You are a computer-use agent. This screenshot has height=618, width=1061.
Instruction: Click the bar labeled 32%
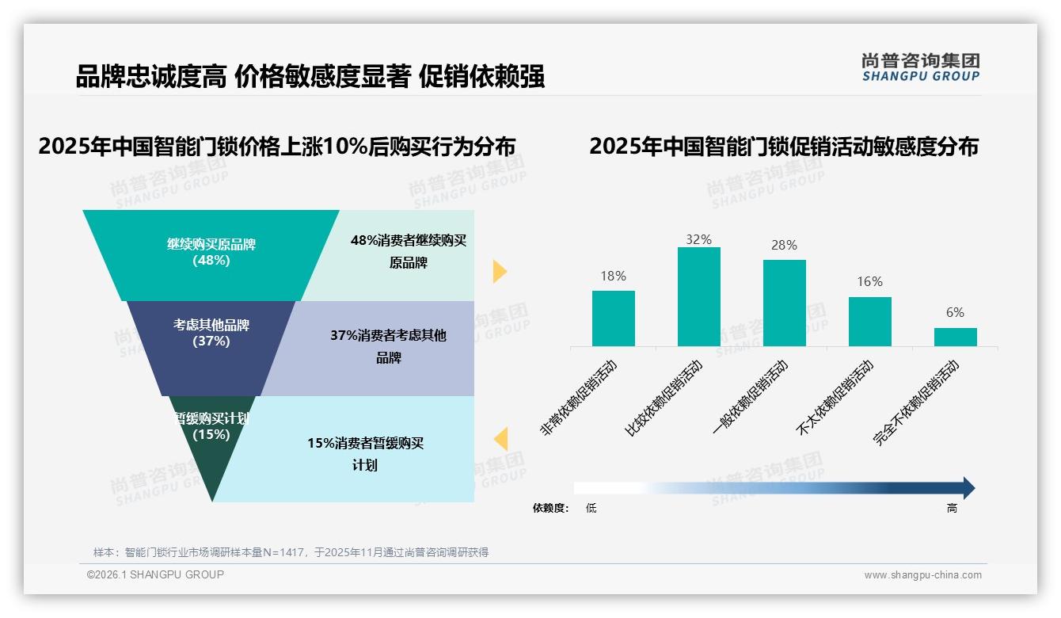pyautogui.click(x=698, y=296)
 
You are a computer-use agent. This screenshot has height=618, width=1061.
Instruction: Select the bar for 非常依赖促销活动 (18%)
pyautogui.click(x=613, y=319)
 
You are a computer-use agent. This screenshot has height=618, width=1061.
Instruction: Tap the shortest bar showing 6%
pyautogui.click(x=955, y=337)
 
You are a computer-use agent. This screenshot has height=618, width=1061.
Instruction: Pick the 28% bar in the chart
pyautogui.click(x=784, y=303)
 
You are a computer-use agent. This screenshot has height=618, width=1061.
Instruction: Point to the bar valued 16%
pyautogui.click(x=869, y=322)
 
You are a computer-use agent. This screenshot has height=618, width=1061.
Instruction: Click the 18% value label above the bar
pyautogui.click(x=613, y=276)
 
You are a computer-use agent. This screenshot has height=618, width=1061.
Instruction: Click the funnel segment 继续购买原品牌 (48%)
pyautogui.click(x=211, y=253)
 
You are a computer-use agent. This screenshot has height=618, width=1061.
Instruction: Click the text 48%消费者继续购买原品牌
pyautogui.click(x=408, y=251)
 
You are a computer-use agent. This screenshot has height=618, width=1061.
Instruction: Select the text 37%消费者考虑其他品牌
pyautogui.click(x=388, y=346)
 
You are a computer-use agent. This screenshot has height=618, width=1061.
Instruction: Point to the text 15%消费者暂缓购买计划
pyautogui.click(x=365, y=454)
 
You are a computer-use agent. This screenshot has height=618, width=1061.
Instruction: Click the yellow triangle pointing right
pyautogui.click(x=499, y=271)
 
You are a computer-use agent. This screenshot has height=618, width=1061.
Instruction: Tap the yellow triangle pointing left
pyautogui.click(x=500, y=439)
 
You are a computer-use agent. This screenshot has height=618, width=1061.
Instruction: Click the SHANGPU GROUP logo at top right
pyautogui.click(x=920, y=67)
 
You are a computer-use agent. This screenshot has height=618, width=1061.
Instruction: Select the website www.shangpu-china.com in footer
pyautogui.click(x=922, y=575)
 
